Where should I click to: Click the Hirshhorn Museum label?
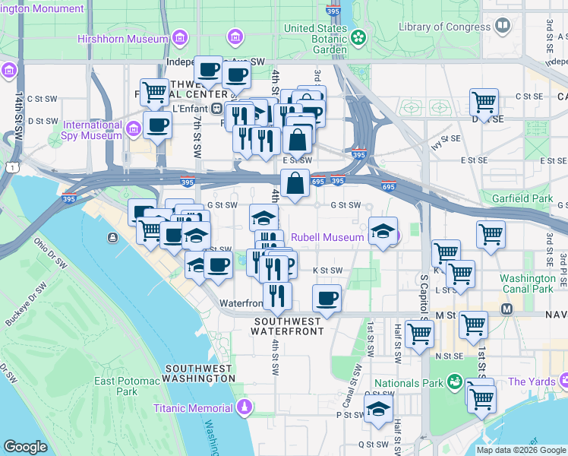pyautogui.click(x=122, y=38)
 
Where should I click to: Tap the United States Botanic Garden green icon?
pyautogui.click(x=358, y=36)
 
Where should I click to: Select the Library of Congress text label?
pyautogui.click(x=444, y=27)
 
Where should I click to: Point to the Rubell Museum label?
pyautogui.click(x=327, y=237)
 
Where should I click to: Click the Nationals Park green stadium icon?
pyautogui.click(x=454, y=382)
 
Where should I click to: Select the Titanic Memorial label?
pyautogui.click(x=195, y=407)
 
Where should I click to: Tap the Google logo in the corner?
pyautogui.click(x=25, y=447)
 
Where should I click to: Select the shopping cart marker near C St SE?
pyautogui.click(x=484, y=101)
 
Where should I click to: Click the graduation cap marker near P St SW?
pyautogui.click(x=377, y=409)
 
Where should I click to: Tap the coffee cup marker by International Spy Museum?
pyautogui.click(x=158, y=125)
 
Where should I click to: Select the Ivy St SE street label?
pyautogui.click(x=447, y=139)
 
